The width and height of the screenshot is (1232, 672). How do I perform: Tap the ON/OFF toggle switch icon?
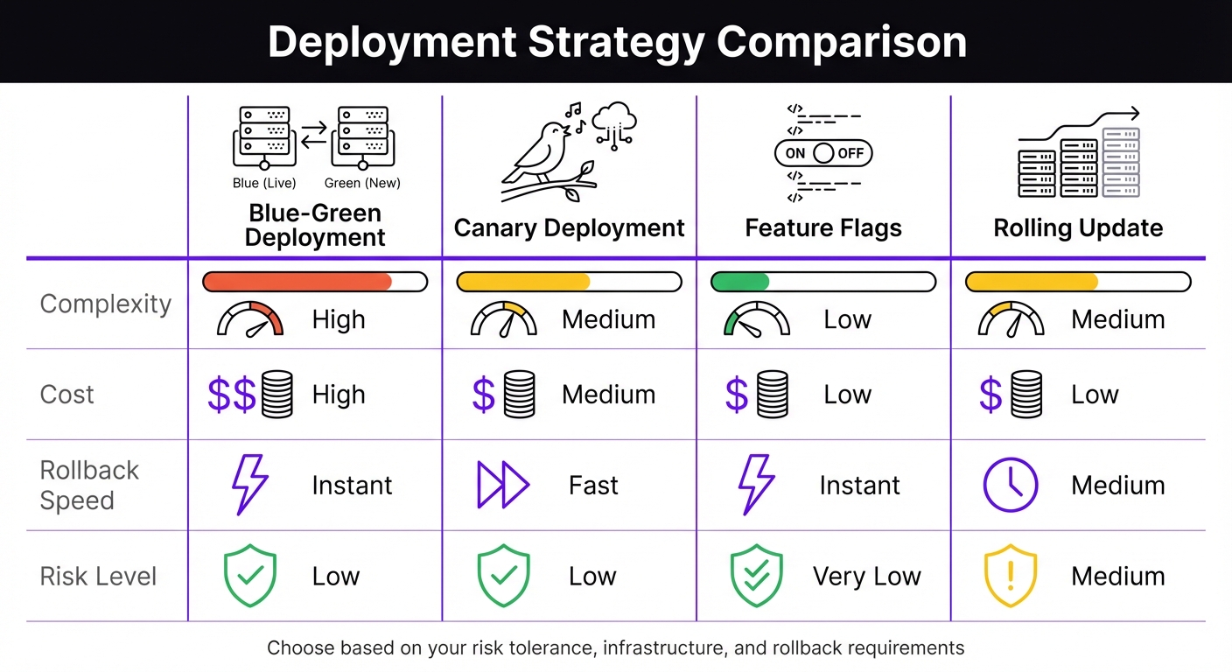pyautogui.click(x=823, y=153)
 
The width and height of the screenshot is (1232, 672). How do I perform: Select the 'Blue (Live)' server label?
pyautogui.click(x=264, y=183)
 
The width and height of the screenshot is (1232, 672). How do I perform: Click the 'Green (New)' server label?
pyautogui.click(x=362, y=183)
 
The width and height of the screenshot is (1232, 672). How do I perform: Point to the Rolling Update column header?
pyautogui.click(x=1078, y=228)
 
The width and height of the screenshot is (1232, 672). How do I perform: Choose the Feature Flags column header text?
pyautogui.click(x=823, y=228)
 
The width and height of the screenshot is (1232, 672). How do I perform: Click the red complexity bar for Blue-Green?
pyautogui.click(x=297, y=282)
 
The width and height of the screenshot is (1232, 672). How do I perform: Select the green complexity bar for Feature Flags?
pyautogui.click(x=740, y=282)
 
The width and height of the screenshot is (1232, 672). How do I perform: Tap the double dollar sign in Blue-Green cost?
pyautogui.click(x=232, y=395)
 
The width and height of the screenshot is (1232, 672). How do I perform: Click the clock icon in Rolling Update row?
pyautogui.click(x=1011, y=485)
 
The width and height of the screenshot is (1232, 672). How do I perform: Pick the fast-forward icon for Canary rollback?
pyautogui.click(x=503, y=485)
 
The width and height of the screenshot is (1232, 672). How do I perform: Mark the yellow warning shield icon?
pyautogui.click(x=1011, y=576)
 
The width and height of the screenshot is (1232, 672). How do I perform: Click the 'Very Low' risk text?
pyautogui.click(x=866, y=577)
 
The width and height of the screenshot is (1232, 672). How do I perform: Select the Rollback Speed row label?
pyautogui.click(x=89, y=485)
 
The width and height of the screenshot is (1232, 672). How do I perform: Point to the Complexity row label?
pyautogui.click(x=106, y=304)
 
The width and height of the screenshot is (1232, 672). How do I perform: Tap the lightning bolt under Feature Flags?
pyautogui.click(x=756, y=485)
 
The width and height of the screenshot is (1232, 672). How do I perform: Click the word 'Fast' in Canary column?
pyautogui.click(x=593, y=486)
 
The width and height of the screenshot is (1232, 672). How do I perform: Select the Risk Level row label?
pyautogui.click(x=99, y=577)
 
